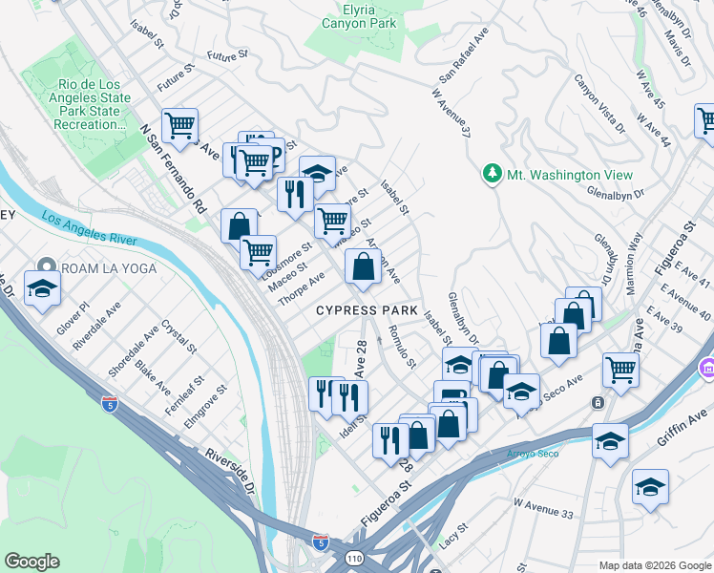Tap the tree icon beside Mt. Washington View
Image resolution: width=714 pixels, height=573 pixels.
coord(492,175)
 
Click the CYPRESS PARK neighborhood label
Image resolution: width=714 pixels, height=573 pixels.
coord(367,310)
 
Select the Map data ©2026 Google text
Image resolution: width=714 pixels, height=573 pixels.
coord(654,565)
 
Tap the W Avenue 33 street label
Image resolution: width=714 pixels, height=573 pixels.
coord(543,507)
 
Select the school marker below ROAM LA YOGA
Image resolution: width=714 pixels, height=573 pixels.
coord(42,289)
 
